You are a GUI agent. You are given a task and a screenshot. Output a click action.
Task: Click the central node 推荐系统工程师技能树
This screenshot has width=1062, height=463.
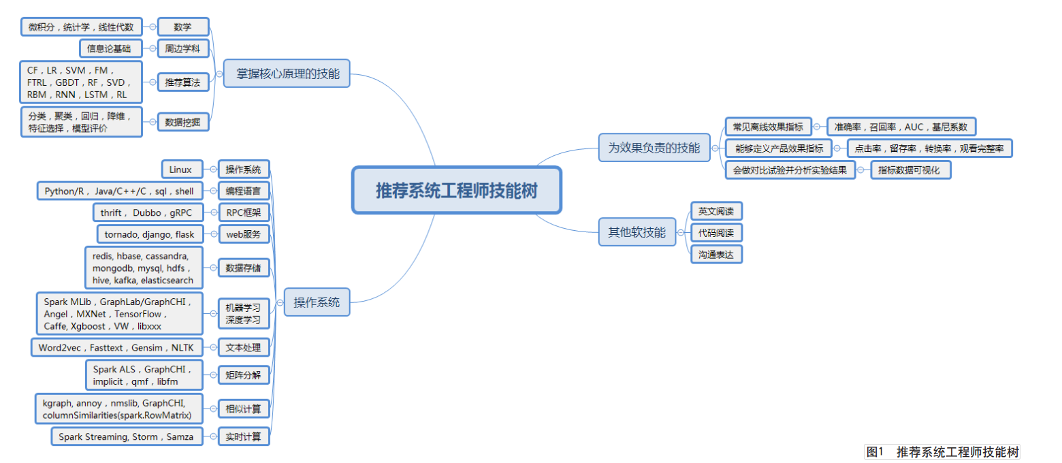tap(456, 190)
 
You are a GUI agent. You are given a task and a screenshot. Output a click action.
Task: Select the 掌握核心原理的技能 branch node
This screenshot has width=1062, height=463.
tap(287, 73)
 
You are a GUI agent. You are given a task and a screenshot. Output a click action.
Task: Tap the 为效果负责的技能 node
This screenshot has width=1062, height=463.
tap(654, 147)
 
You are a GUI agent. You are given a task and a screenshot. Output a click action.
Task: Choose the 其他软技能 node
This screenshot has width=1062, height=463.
tap(637, 231)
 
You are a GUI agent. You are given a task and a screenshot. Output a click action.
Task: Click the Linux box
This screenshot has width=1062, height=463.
tap(181, 169)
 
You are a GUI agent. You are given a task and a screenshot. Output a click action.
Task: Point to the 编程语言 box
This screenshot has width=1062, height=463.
tap(243, 191)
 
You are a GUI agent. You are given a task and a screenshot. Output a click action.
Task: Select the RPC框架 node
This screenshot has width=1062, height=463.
tap(243, 212)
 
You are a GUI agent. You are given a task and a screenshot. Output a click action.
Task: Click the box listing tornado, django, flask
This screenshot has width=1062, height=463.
tap(149, 234)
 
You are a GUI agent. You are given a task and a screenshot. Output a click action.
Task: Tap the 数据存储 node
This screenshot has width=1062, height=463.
tap(243, 268)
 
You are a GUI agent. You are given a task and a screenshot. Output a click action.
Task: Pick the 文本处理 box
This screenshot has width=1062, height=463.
tap(243, 347)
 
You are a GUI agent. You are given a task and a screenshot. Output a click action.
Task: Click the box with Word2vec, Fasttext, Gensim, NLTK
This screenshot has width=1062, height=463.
tap(116, 347)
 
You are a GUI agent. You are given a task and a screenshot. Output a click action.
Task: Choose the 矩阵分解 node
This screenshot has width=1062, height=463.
tap(243, 374)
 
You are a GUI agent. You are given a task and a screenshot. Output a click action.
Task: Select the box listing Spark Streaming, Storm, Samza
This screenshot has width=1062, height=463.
tap(127, 436)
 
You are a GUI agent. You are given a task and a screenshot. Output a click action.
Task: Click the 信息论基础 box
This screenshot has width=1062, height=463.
tap(110, 48)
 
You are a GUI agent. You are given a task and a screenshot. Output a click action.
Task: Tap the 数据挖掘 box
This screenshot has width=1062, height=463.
tap(182, 123)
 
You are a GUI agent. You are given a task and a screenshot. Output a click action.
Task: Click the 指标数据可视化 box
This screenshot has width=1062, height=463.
tap(911, 170)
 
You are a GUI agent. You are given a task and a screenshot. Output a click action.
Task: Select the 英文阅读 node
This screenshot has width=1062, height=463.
tap(716, 211)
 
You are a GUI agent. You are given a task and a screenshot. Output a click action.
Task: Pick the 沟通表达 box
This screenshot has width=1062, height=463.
tap(716, 255)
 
